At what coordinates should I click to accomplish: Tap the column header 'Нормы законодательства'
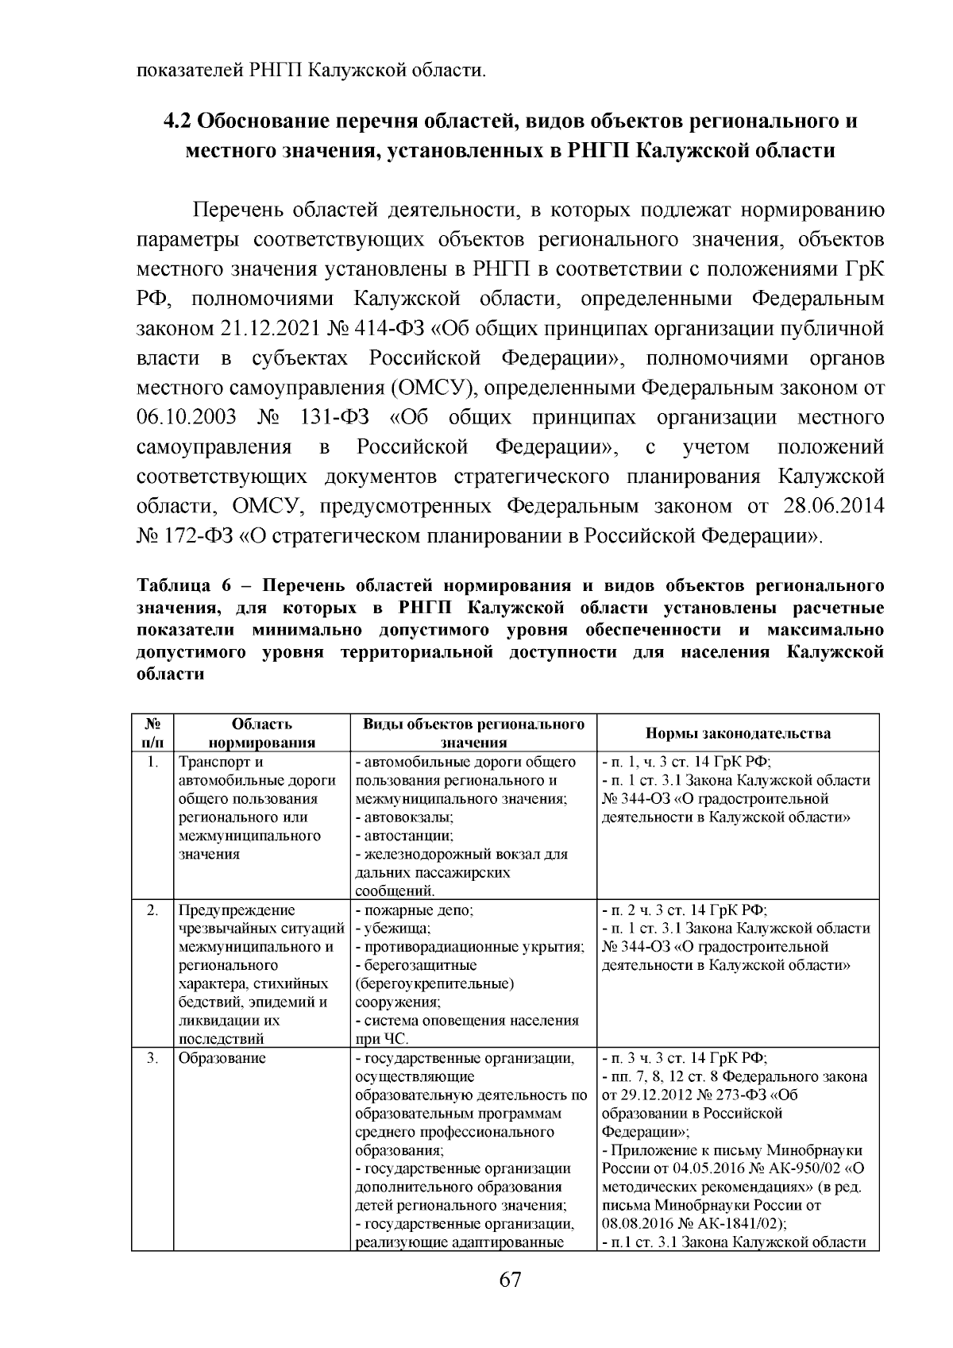[738, 733]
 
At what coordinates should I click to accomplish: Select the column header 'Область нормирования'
[262, 733]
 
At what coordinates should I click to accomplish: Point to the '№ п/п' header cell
[152, 733]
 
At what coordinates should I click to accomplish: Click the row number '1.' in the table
[155, 762]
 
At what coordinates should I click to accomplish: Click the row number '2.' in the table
[155, 910]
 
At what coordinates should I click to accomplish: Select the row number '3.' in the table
[155, 1058]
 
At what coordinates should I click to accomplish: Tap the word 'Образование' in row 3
[222, 1058]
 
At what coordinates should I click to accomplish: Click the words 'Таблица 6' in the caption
[183, 586]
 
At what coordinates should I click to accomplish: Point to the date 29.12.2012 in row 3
[656, 1095]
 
